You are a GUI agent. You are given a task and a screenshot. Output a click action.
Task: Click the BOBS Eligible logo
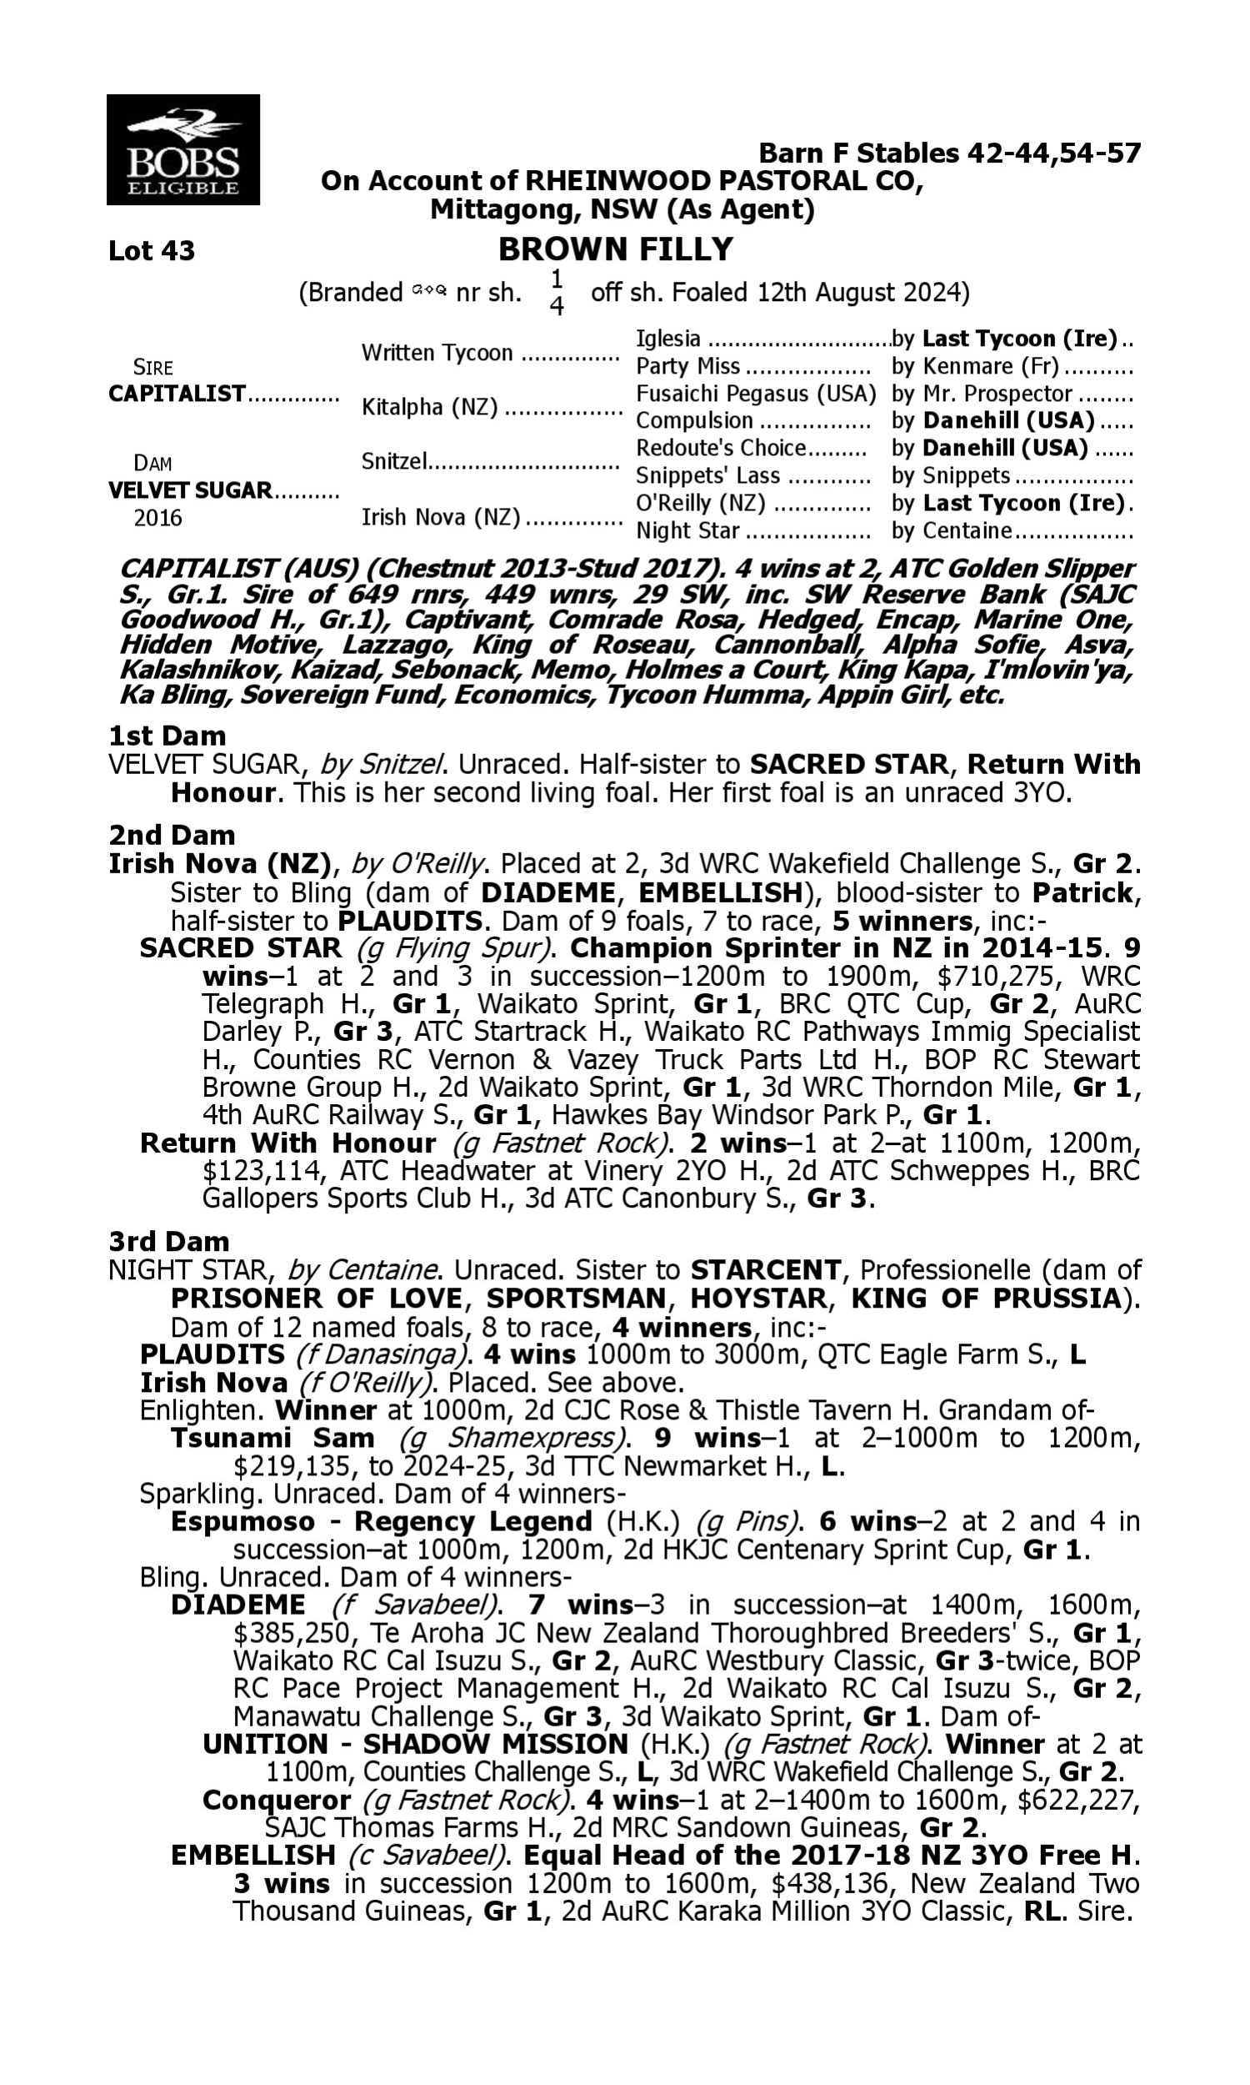pyautogui.click(x=182, y=149)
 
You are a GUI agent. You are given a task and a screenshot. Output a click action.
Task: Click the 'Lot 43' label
pyautogui.click(x=152, y=250)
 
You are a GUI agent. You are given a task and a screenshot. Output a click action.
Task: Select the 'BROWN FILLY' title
pyautogui.click(x=616, y=249)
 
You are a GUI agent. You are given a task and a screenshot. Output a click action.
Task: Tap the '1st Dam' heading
pyautogui.click(x=167, y=736)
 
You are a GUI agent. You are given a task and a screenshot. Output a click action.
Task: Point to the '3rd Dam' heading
pyautogui.click(x=168, y=1241)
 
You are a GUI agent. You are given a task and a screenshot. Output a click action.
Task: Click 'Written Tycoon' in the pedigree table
pyautogui.click(x=437, y=352)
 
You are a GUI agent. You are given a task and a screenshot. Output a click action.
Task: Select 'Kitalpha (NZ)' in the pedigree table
pyautogui.click(x=429, y=407)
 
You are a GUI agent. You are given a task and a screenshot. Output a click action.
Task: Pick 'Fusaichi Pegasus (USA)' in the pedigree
pyautogui.click(x=756, y=394)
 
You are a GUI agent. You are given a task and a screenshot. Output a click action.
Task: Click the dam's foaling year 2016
pyautogui.click(x=157, y=517)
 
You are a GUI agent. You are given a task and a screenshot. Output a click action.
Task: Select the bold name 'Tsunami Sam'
pyautogui.click(x=272, y=1438)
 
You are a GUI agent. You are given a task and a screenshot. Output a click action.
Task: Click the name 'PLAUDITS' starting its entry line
pyautogui.click(x=212, y=1354)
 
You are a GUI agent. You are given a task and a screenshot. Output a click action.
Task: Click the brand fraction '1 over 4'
pyautogui.click(x=556, y=293)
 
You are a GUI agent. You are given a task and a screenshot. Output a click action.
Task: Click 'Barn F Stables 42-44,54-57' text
pyautogui.click(x=949, y=153)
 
